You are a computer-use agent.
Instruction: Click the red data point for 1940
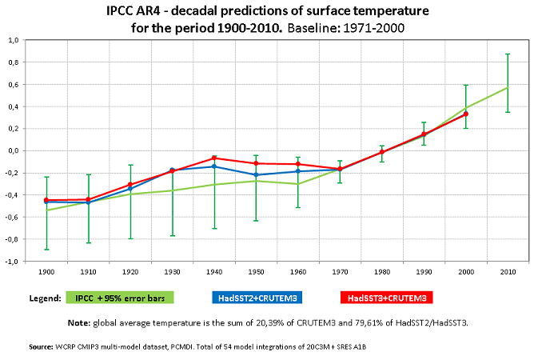(x=214, y=158)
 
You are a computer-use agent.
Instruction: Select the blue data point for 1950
(x=256, y=175)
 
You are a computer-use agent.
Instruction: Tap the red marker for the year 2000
(x=466, y=114)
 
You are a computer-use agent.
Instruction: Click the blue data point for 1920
(x=130, y=189)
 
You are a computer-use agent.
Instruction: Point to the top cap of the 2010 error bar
(x=508, y=54)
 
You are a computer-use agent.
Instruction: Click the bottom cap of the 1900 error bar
(x=46, y=250)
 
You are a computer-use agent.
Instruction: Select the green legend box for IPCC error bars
(x=120, y=298)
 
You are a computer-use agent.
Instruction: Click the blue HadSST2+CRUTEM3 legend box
(x=257, y=298)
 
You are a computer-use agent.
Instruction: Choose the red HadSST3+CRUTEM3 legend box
(x=387, y=298)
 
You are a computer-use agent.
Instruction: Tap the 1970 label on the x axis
(x=340, y=272)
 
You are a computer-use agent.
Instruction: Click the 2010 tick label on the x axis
(x=508, y=272)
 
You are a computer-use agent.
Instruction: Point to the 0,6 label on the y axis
(x=14, y=85)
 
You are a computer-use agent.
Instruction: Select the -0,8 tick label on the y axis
(x=12, y=239)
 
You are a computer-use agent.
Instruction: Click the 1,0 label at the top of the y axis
(x=14, y=41)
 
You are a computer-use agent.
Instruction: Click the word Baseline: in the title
(x=313, y=28)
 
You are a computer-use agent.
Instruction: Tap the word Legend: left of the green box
(x=46, y=298)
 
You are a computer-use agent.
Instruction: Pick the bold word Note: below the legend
(x=79, y=323)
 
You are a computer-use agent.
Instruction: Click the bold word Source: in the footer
(x=41, y=347)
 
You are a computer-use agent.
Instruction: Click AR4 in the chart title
(x=148, y=11)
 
